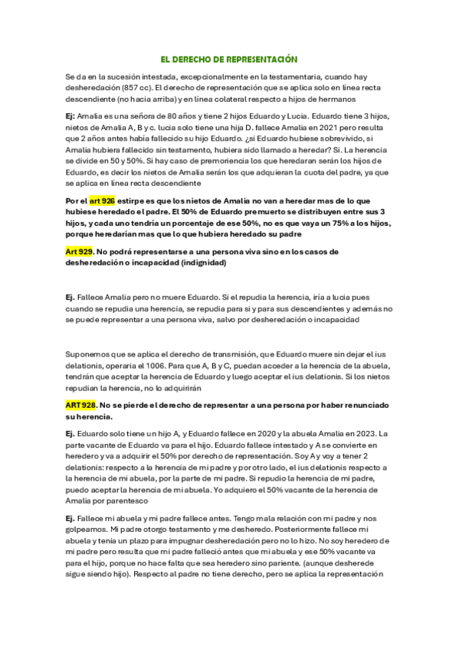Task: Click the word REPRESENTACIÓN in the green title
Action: click(259, 59)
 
